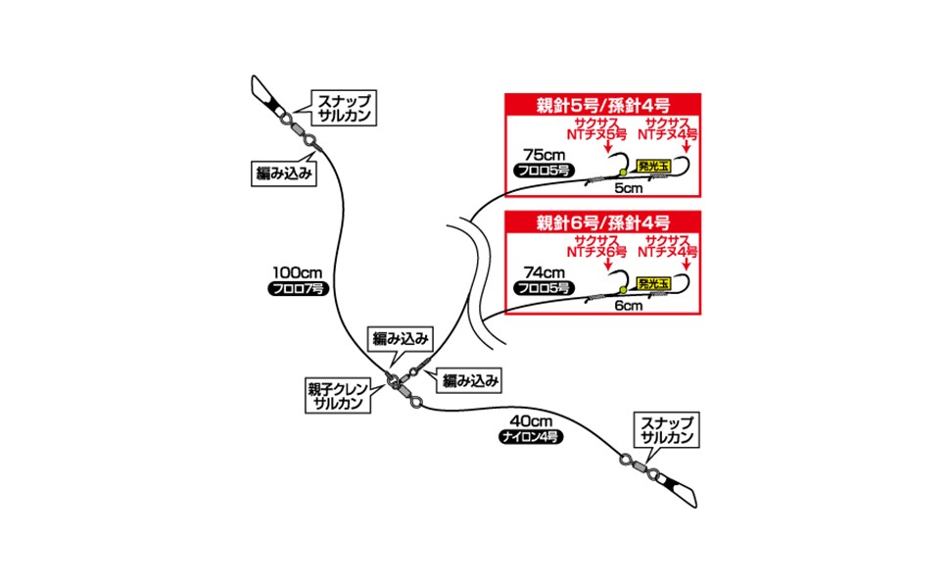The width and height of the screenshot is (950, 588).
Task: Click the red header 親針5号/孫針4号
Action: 603,105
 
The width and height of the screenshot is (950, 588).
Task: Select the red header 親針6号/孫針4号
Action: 603,220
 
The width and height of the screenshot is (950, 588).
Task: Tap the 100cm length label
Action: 294,273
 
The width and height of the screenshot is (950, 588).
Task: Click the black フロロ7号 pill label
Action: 294,290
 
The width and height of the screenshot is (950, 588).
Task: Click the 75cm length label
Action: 544,155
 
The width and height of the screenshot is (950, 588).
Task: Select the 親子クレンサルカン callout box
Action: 336,396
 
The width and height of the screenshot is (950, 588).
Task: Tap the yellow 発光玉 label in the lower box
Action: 651,284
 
